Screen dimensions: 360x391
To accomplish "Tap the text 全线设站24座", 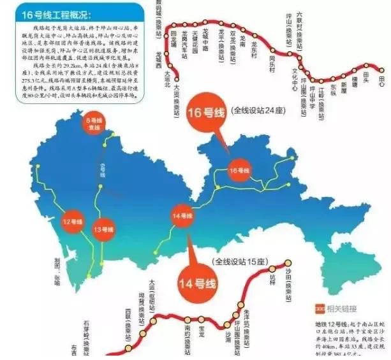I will pyautogui.click(x=259, y=110).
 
